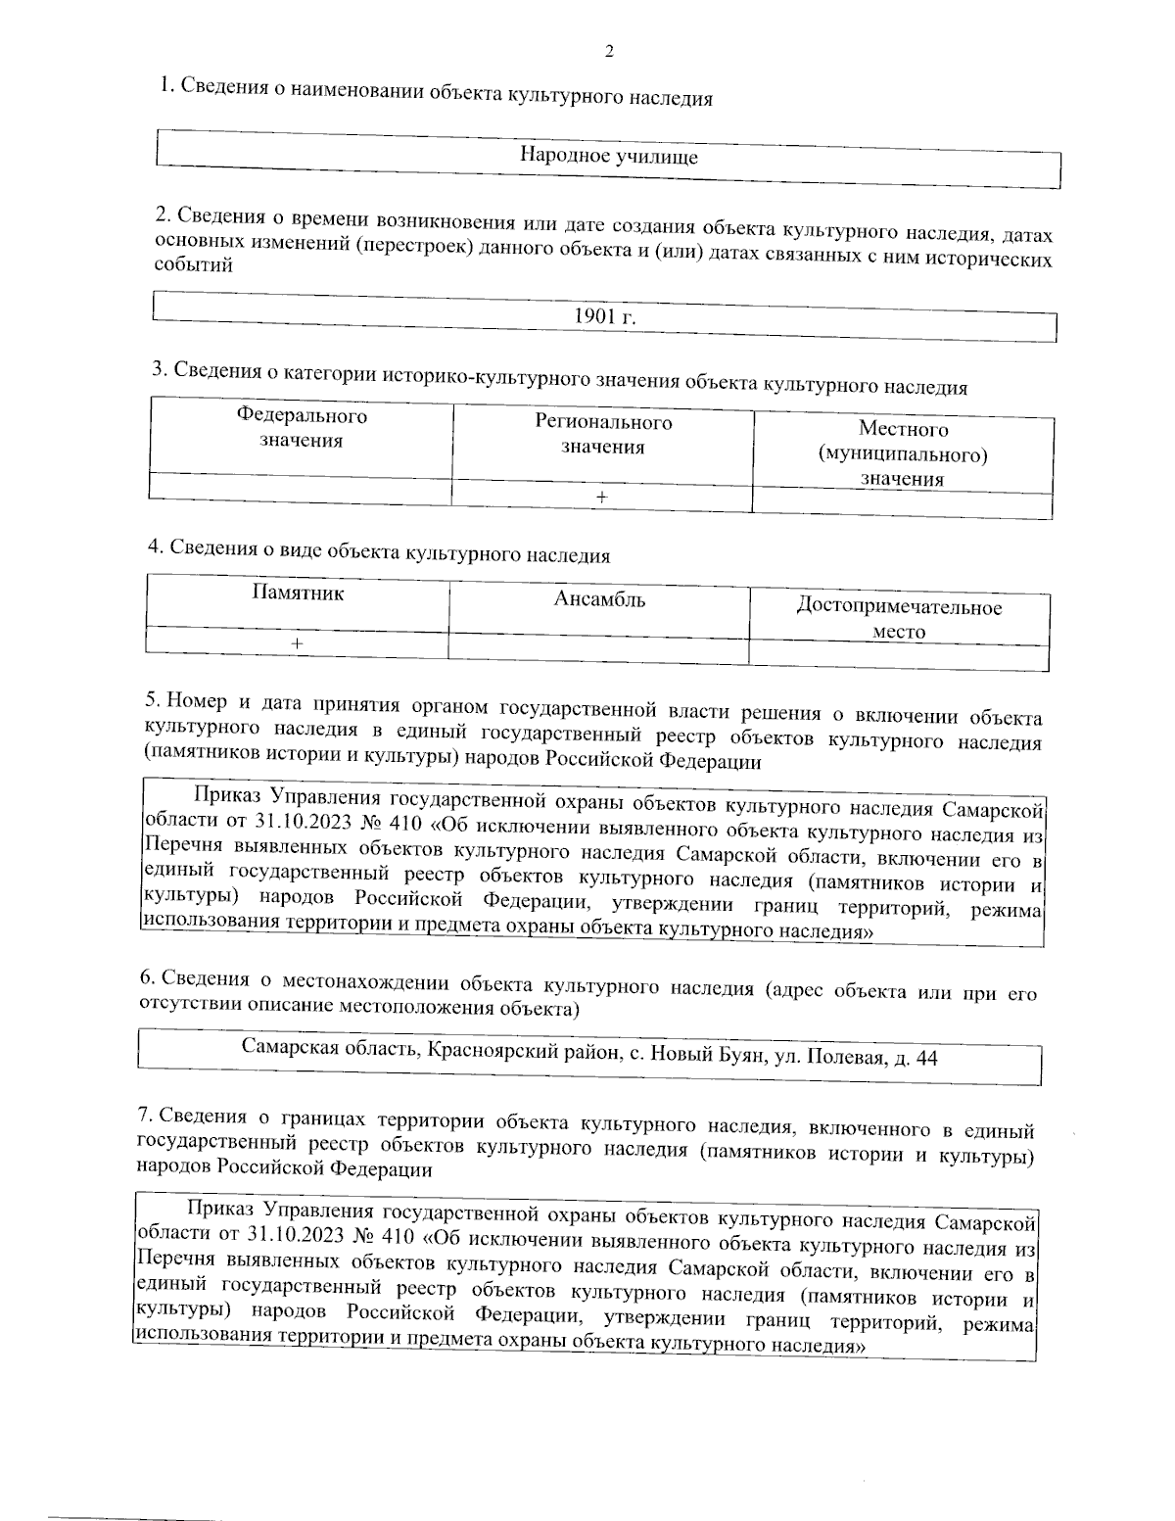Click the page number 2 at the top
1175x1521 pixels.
tap(609, 52)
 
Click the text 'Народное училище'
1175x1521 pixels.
tap(608, 156)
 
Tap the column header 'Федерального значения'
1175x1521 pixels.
tap(302, 428)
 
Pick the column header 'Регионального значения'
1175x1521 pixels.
tap(603, 434)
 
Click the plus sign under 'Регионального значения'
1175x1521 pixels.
tap(602, 498)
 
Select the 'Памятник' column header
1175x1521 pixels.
tap(299, 593)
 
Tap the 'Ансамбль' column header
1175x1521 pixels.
tap(599, 599)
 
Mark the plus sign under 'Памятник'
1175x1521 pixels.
tap(297, 642)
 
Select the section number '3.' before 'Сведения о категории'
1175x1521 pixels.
tap(159, 368)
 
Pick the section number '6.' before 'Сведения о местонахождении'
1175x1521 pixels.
tap(148, 977)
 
